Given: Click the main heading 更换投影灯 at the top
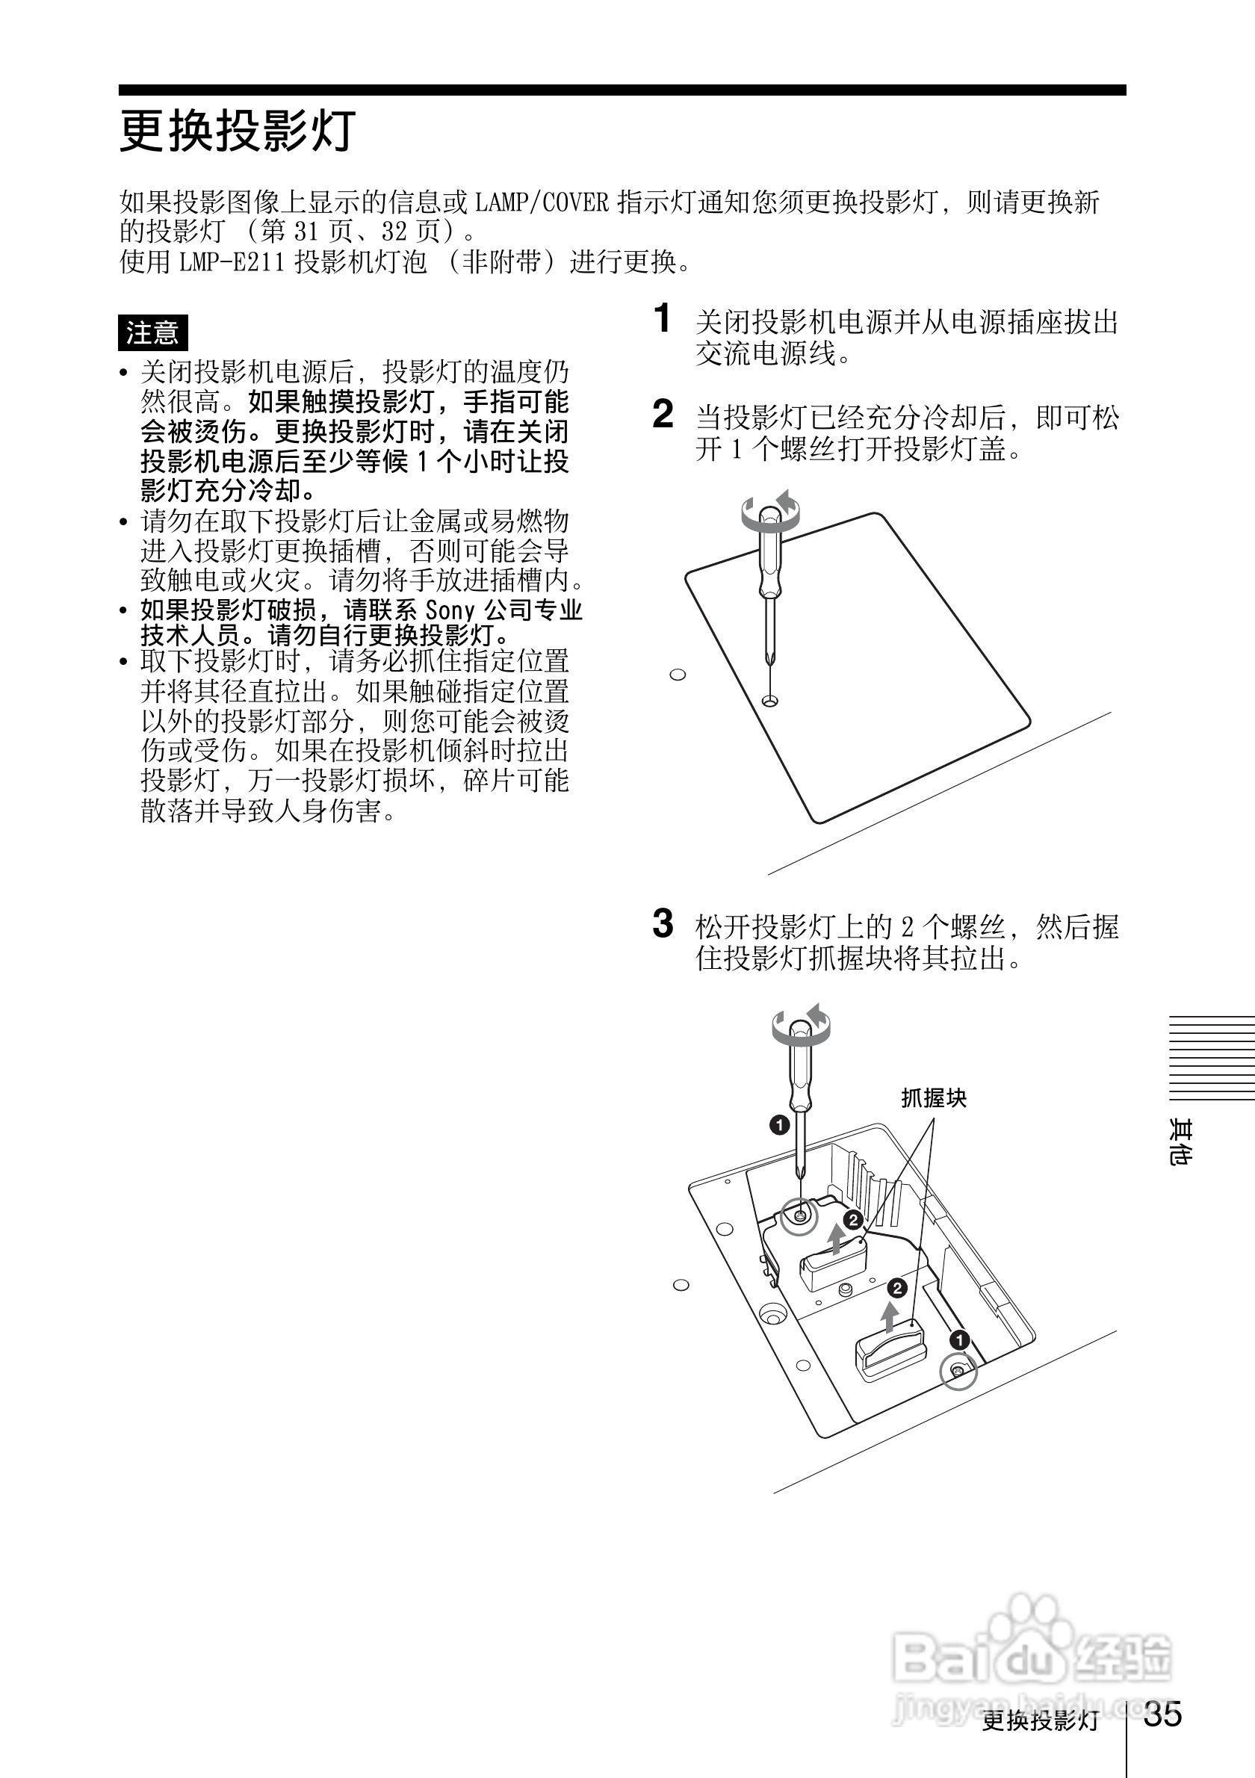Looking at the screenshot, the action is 237,131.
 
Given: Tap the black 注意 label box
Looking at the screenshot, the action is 152,333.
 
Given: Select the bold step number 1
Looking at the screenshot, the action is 662,318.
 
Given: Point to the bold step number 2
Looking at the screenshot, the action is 663,415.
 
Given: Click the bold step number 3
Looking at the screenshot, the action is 663,923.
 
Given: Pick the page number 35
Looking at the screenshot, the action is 1163,1714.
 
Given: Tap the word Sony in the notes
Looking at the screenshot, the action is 450,610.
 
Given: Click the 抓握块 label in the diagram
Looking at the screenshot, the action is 934,1098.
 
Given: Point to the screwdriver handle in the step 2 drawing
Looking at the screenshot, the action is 769,557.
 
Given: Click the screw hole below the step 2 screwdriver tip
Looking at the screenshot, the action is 770,701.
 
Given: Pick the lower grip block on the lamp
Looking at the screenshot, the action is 890,1349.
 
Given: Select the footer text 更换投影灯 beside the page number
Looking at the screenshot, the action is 1040,1721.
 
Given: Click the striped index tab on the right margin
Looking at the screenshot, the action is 1211,1057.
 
